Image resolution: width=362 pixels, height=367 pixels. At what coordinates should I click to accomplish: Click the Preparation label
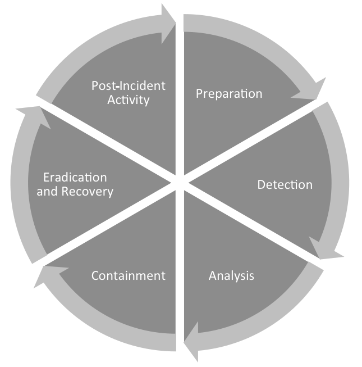228,93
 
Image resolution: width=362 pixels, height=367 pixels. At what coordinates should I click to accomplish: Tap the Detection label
285,184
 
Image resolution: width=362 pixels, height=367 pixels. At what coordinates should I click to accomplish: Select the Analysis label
231,275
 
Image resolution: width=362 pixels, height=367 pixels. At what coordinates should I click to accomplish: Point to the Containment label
128,275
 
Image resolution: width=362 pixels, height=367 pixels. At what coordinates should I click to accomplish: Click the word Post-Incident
129,86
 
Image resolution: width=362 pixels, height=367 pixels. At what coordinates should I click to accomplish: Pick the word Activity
129,101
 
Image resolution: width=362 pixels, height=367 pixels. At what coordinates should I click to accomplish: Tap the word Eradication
75,178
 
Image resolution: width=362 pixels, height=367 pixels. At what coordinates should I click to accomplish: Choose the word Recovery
89,192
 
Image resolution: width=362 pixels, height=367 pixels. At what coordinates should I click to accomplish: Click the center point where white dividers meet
180,183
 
